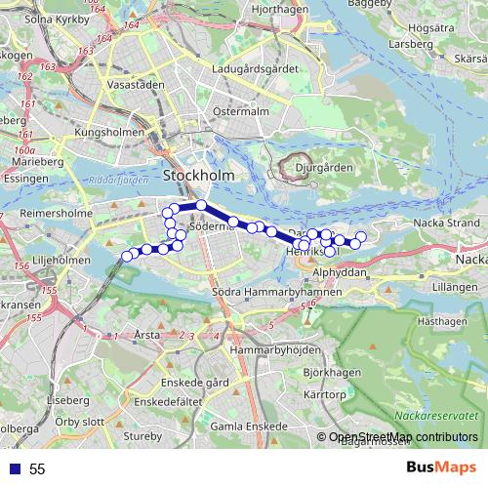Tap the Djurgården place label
(323, 167)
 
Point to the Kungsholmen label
(109, 131)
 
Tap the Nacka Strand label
(446, 223)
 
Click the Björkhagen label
(326, 373)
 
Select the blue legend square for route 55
(15, 468)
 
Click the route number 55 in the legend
(37, 468)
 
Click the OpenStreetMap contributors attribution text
(403, 437)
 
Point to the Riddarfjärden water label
(117, 182)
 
